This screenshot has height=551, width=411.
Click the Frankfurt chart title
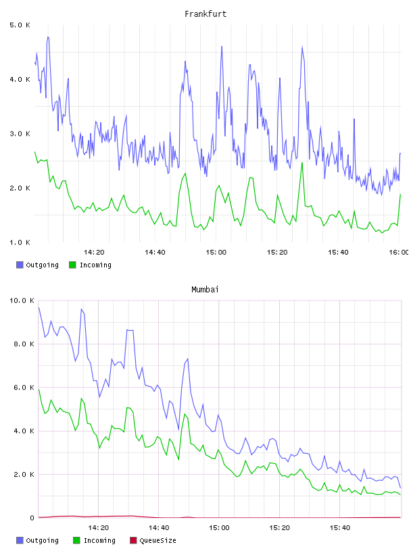[205, 14]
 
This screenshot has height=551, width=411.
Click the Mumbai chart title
[205, 290]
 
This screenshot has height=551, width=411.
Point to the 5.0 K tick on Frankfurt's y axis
[20, 25]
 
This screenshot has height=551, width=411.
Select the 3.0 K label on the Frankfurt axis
[20, 134]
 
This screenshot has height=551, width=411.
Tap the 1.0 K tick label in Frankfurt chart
[20, 242]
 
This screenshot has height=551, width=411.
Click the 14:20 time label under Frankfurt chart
[94, 252]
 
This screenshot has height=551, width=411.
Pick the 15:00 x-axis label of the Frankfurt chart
[216, 252]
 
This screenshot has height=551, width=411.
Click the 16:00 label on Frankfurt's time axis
[399, 252]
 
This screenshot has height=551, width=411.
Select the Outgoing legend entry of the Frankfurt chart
[38, 265]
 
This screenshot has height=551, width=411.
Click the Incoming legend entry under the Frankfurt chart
[91, 265]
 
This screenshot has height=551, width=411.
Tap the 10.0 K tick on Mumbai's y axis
[22, 300]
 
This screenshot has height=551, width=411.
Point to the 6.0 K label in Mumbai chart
[24, 387]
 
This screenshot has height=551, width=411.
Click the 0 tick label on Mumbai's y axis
[32, 518]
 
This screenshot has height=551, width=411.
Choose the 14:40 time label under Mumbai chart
[159, 527]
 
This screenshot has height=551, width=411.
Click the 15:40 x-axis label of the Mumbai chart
[340, 527]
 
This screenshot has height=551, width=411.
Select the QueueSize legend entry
[153, 540]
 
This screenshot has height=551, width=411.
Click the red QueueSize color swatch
[133, 540]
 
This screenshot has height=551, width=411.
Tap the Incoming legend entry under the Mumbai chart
[95, 540]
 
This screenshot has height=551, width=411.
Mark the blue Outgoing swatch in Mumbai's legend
[20, 540]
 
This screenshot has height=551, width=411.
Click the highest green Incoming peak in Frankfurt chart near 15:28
[302, 163]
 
